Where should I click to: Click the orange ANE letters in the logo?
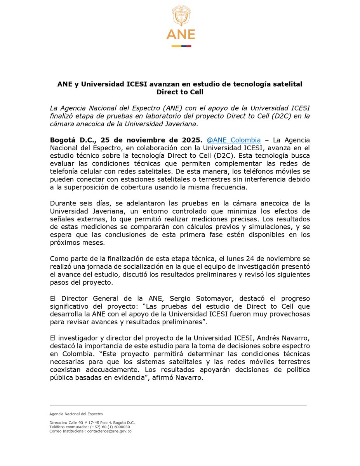(x=181, y=34)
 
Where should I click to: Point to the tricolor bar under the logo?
(x=181, y=45)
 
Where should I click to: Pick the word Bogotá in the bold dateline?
(x=63, y=140)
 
